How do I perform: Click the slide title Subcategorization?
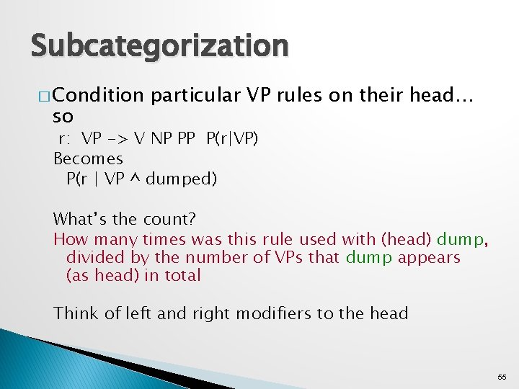[159, 45]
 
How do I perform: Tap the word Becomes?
[88, 158]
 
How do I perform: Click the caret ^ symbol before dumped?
[134, 178]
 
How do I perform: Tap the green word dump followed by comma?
[461, 239]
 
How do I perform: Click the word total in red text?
[182, 276]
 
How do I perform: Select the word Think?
[74, 313]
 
